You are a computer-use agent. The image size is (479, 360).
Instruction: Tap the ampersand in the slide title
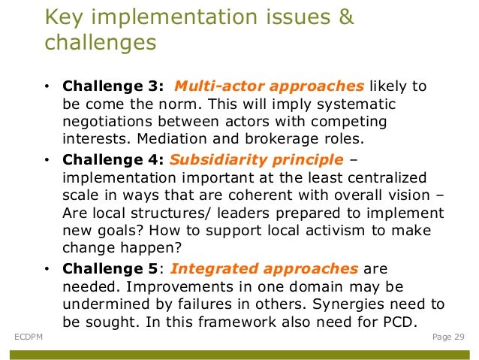tap(345, 17)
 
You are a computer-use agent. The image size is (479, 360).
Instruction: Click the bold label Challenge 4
tap(113, 159)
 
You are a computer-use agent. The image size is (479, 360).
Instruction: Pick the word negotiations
tap(110, 122)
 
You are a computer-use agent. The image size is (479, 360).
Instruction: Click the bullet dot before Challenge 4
tap(47, 160)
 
